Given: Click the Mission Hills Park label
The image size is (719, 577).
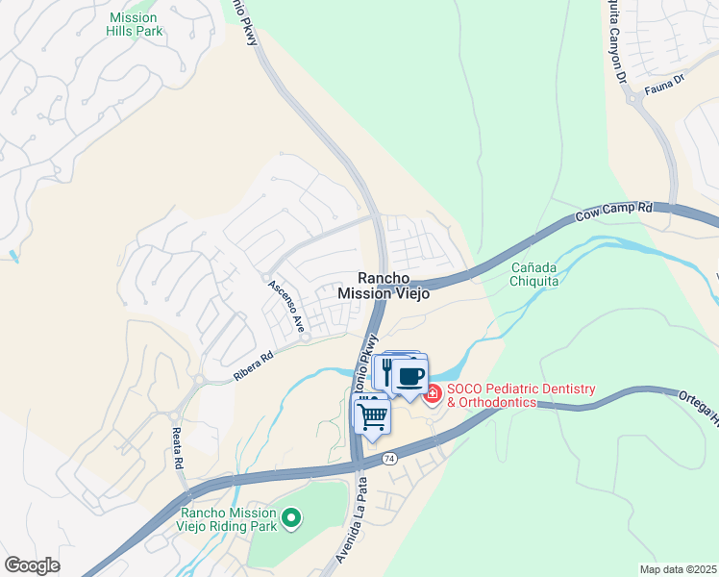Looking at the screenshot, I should (135, 24).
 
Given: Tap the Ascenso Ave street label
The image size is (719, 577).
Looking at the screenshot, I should (285, 300).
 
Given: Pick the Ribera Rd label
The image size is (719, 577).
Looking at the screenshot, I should (254, 365).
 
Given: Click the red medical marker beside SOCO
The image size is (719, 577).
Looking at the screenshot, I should (433, 394).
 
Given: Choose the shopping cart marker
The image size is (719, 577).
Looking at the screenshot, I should (371, 415).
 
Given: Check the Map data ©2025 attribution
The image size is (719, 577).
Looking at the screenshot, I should (678, 569).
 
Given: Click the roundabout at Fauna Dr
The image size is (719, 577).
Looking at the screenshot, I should (634, 98).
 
